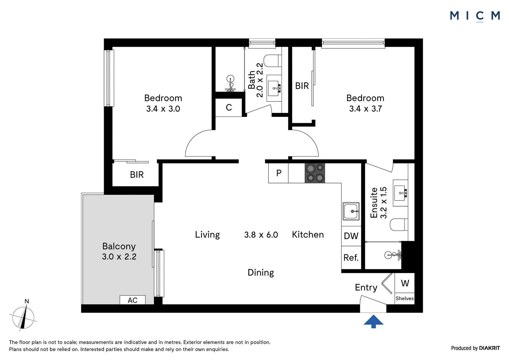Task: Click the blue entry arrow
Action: [x=373, y=321]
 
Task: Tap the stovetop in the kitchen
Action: [x=315, y=173]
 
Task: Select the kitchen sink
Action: [x=351, y=211]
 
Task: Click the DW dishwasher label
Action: [x=351, y=236]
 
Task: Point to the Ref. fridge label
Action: [x=351, y=258]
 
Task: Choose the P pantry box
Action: [x=279, y=173]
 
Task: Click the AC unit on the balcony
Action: [x=132, y=300]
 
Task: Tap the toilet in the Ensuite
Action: [x=399, y=224]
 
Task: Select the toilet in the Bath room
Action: [x=272, y=61]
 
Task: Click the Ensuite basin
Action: [x=401, y=193]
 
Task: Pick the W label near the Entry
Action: [x=405, y=283]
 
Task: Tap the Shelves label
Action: [x=405, y=298]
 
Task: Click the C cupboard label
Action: [x=229, y=107]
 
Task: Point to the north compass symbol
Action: [x=23, y=317]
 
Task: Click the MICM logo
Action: [x=475, y=16]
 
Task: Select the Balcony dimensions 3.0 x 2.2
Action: [x=119, y=257]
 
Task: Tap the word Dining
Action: [x=261, y=272]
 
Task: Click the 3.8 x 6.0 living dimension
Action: [x=261, y=235]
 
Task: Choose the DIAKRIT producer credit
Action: [x=489, y=348]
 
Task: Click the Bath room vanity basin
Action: [x=274, y=88]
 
